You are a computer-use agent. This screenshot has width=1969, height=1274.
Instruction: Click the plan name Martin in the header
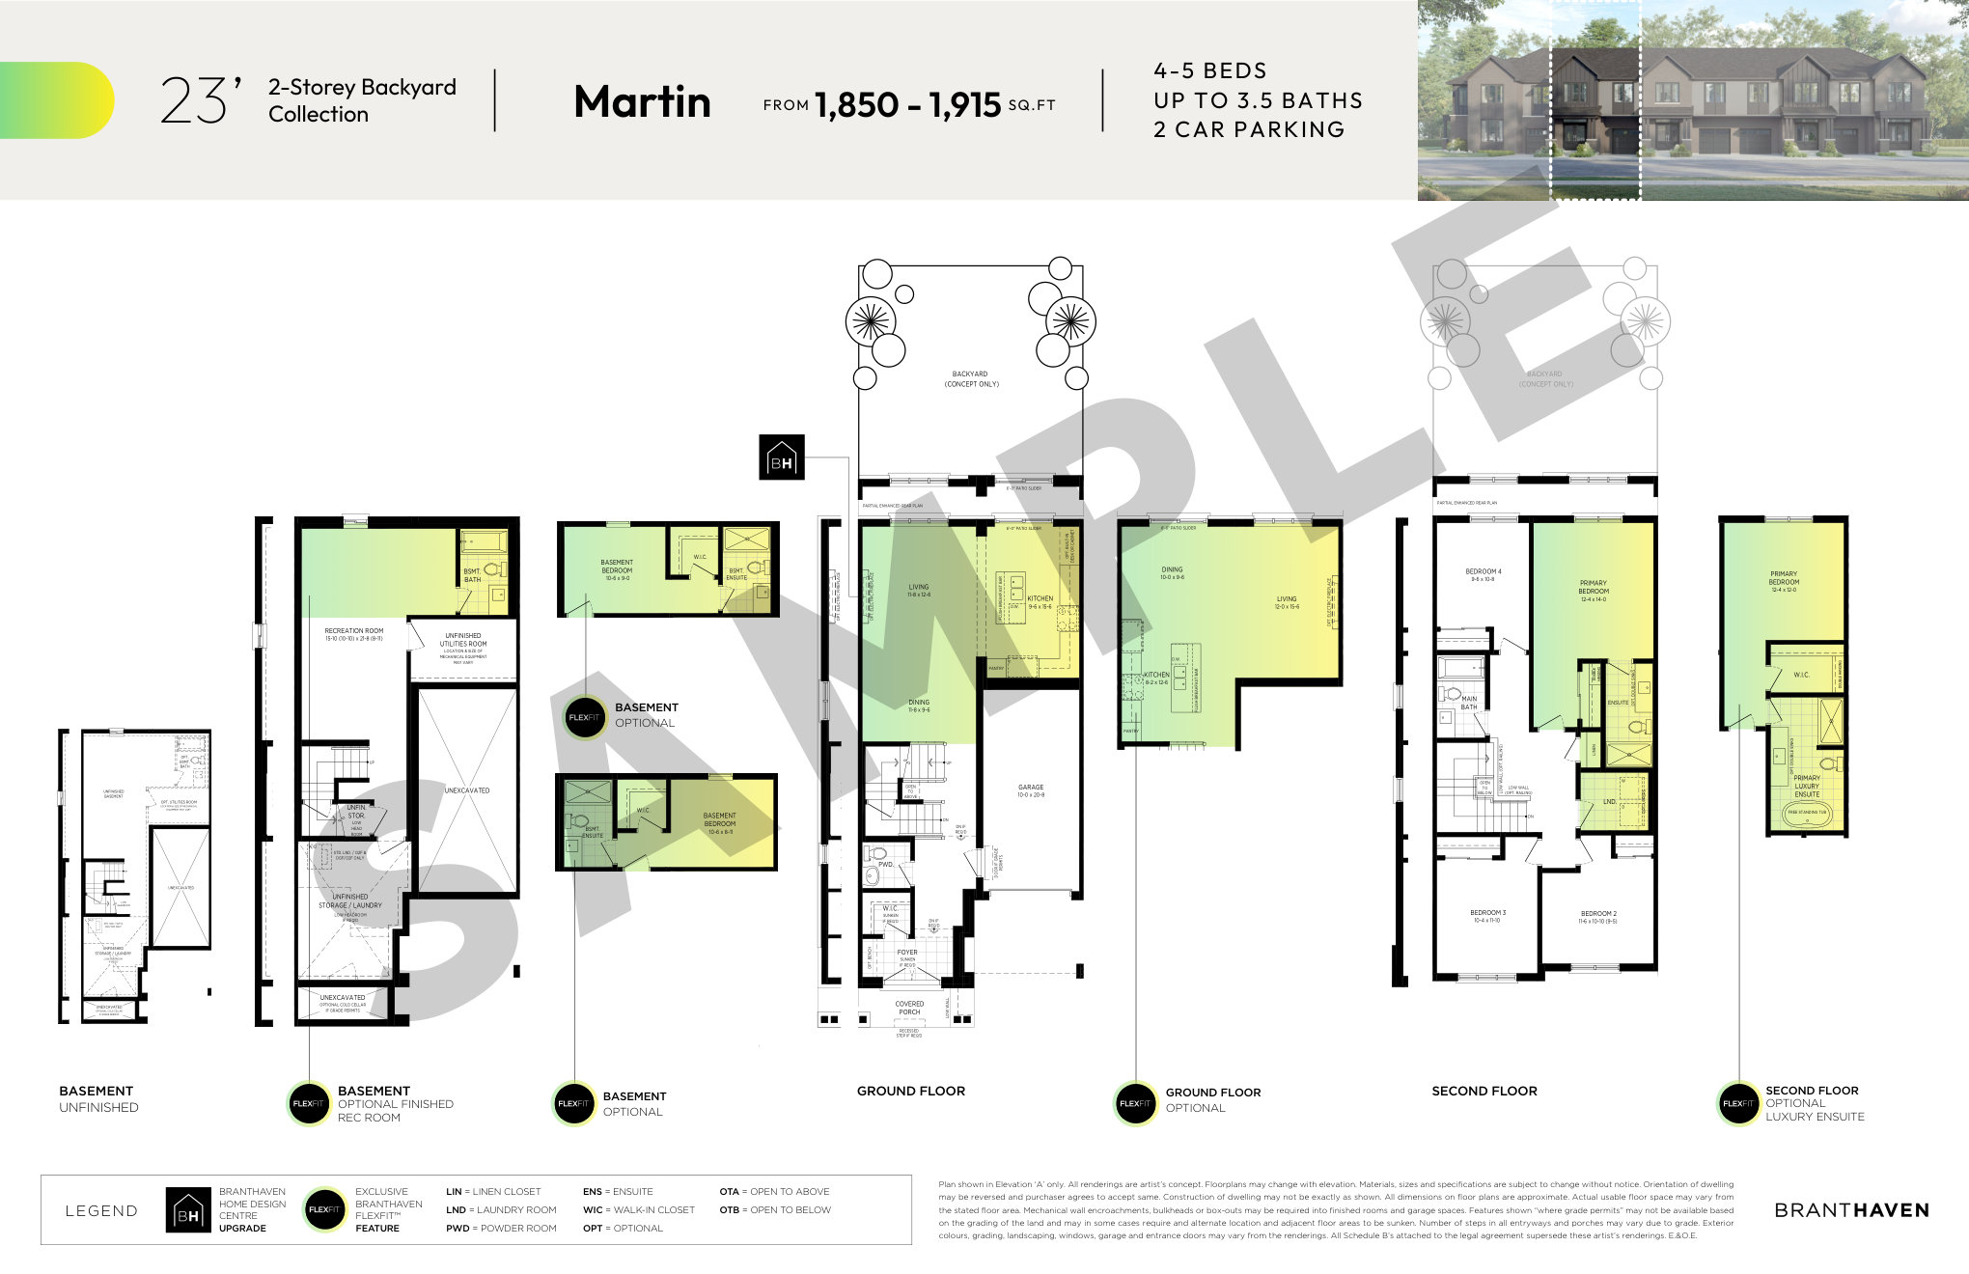point(642,101)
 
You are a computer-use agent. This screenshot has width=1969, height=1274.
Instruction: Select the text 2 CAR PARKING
point(1248,129)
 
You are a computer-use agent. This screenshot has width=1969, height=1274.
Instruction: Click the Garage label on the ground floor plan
point(1030,790)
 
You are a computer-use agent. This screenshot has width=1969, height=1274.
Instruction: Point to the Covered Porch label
point(908,1008)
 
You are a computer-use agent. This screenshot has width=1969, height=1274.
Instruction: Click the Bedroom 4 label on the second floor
point(1483,575)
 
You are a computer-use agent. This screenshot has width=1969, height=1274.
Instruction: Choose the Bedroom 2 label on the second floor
point(1597,916)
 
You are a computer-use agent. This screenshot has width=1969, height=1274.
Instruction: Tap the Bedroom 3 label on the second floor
point(1487,915)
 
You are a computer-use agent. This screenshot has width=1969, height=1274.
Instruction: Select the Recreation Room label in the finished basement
point(353,634)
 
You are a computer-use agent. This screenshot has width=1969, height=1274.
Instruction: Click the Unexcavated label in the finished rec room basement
point(466,790)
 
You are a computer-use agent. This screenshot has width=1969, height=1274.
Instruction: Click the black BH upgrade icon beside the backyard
point(781,457)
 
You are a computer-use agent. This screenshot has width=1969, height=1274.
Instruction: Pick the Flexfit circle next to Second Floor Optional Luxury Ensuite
point(1738,1103)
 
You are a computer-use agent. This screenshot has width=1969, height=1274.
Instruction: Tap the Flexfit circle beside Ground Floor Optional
point(1135,1103)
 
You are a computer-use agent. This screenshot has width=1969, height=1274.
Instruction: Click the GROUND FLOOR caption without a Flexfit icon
point(910,1091)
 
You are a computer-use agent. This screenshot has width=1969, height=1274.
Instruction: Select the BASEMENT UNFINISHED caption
point(97,1098)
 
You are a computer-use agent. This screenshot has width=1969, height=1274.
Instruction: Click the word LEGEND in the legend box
point(101,1210)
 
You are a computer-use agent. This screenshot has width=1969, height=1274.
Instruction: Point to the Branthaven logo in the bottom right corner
point(1850,1210)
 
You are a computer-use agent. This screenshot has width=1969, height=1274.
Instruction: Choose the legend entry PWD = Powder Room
point(501,1228)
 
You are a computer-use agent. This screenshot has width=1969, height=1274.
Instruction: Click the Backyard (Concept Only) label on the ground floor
point(970,378)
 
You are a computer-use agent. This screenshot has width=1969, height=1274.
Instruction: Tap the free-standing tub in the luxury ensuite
point(1807,813)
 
